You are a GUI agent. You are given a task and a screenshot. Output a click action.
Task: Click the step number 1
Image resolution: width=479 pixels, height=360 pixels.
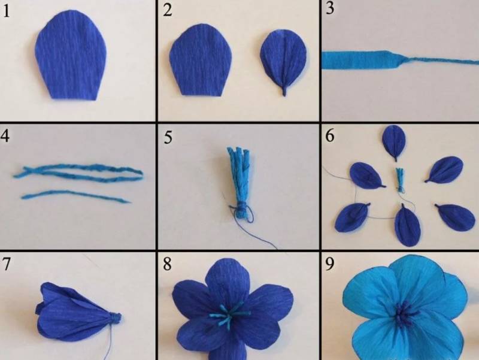[x=6, y=11]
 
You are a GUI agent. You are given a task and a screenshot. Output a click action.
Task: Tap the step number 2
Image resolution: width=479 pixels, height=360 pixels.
[x=168, y=10]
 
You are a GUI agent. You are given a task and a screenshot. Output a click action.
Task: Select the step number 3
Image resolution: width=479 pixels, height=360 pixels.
[x=330, y=8]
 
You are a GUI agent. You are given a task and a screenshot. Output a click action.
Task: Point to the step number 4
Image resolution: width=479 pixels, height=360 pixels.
[x=5, y=135]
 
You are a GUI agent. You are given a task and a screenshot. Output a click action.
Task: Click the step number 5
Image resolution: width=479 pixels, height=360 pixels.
[x=168, y=138]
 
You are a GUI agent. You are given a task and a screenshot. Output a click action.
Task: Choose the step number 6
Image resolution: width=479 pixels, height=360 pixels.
[x=330, y=136]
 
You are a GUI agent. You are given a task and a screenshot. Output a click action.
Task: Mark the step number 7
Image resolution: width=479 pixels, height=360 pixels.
[x=6, y=264]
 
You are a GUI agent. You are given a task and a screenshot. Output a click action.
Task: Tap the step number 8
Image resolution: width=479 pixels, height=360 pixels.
[x=167, y=264]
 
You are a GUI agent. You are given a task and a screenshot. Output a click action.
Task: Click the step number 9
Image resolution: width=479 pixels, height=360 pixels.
[x=329, y=264]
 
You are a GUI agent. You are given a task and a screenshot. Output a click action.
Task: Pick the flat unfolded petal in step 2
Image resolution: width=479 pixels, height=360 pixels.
[x=201, y=60]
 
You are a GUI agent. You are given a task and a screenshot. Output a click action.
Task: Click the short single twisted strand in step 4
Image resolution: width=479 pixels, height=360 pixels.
[x=77, y=196]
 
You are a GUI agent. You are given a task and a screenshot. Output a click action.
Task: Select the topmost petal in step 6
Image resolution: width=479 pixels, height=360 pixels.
[x=394, y=142]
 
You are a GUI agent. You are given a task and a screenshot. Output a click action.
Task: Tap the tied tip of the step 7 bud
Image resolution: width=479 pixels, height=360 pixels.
[x=116, y=317]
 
